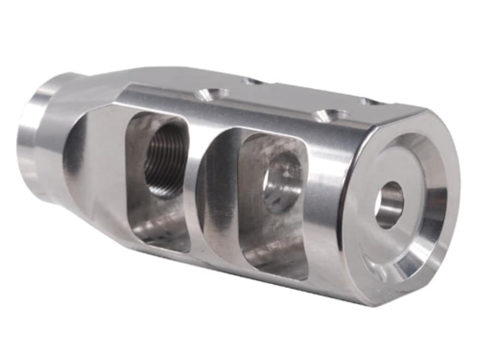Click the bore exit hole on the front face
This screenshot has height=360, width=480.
pos(389,205)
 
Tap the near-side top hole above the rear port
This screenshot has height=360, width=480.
pos(213,94)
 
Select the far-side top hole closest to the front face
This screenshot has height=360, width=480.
pos(371,101)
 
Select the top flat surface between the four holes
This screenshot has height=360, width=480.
pos(289,98)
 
